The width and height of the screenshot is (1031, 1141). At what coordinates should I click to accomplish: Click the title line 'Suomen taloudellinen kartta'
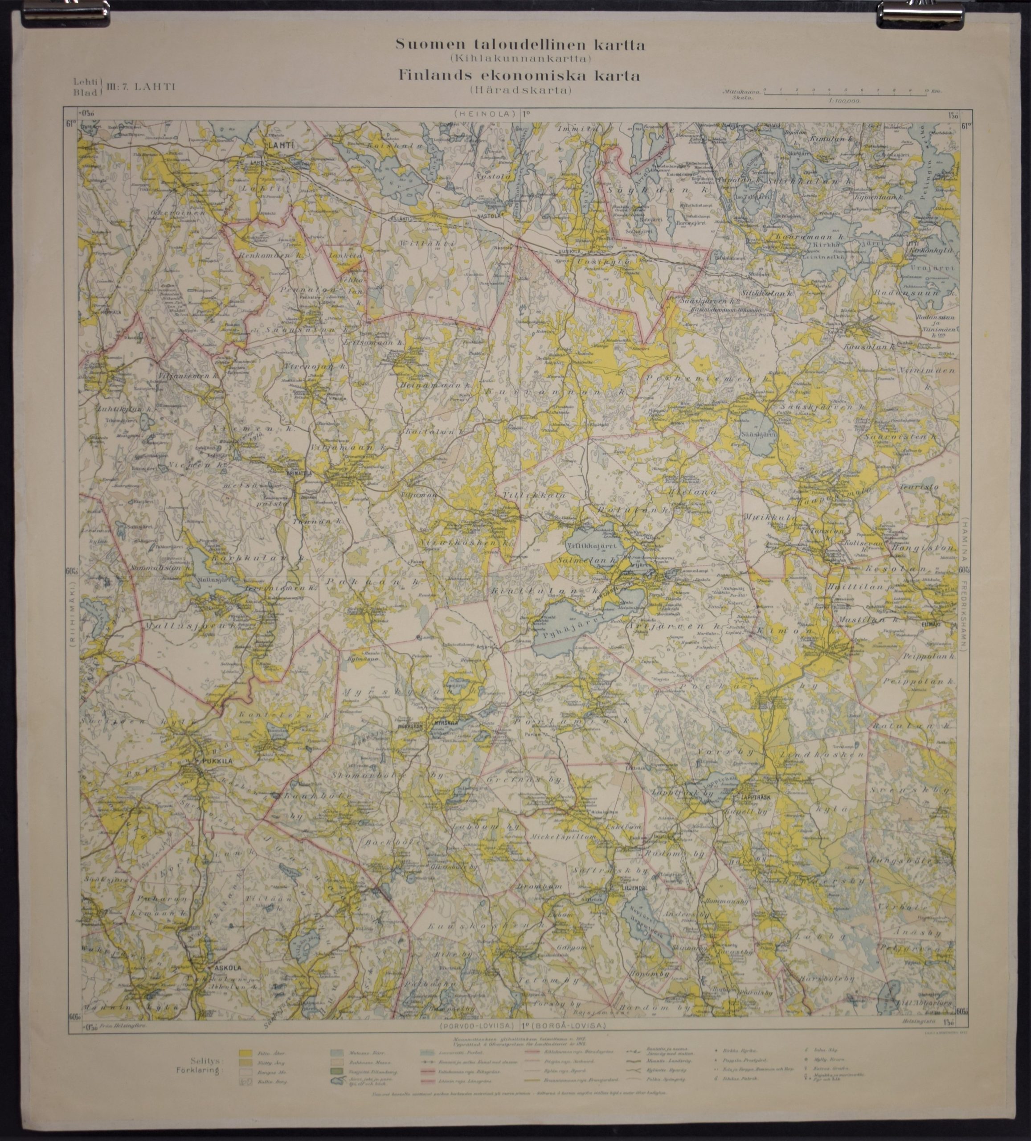tap(520, 45)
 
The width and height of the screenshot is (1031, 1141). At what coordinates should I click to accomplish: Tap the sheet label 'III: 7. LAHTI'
tap(140, 86)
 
